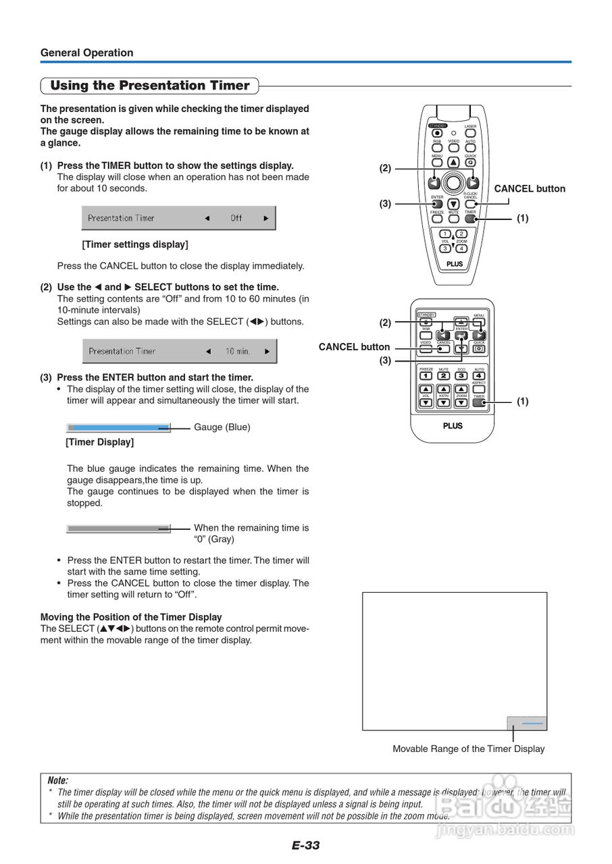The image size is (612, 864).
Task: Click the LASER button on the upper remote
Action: click(471, 133)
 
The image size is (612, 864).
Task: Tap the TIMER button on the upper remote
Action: click(471, 219)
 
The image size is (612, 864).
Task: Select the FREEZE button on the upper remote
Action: click(437, 219)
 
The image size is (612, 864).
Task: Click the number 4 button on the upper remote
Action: click(462, 248)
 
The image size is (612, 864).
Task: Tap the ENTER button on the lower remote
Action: click(461, 335)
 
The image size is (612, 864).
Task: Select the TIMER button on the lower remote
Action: click(479, 403)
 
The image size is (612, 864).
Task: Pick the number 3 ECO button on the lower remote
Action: click(461, 375)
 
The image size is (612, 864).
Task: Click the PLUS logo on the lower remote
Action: click(453, 426)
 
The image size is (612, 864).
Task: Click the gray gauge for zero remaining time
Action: click(118, 529)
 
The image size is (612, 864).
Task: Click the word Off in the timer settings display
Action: click(236, 218)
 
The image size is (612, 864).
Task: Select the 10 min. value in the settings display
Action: click(238, 351)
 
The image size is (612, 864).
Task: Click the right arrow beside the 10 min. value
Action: click(267, 351)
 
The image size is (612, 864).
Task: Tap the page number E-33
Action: click(305, 845)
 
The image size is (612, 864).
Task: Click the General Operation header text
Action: click(86, 53)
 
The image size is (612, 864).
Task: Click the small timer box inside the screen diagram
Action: click(527, 723)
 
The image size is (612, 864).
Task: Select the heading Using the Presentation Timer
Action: click(150, 86)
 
